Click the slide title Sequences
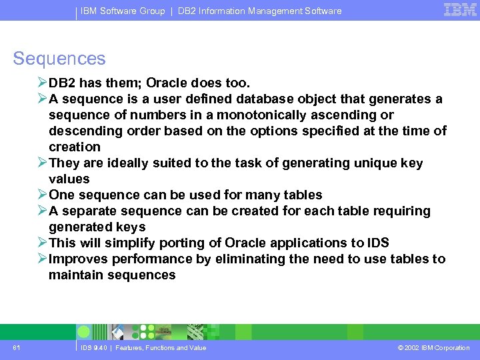pos(59,59)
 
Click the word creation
pos(75,147)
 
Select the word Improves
pos(79,259)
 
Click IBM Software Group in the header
pos(123,11)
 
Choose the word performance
pos(152,259)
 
